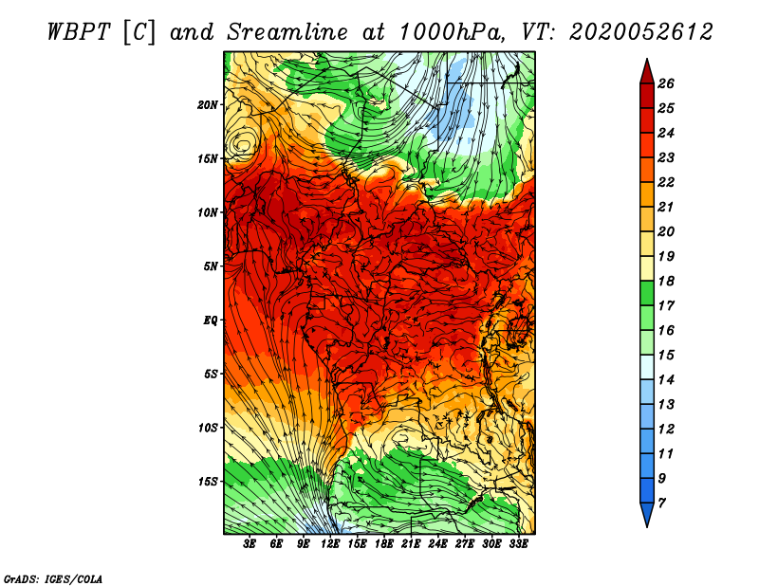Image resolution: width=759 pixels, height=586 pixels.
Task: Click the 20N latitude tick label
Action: pos(208,105)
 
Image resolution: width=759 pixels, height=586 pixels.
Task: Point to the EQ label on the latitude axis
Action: pos(211,320)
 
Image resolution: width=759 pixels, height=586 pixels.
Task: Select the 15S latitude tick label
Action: pos(208,482)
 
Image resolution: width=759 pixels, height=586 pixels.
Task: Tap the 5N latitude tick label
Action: pos(211,266)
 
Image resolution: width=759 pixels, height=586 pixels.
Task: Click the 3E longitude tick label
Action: pos(250,544)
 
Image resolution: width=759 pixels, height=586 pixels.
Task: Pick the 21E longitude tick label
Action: pos(411,544)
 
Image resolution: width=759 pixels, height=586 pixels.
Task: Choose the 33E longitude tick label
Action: pos(518,544)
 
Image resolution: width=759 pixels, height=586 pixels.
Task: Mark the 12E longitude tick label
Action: pos(330,544)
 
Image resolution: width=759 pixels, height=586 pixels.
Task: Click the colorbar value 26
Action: pos(666,83)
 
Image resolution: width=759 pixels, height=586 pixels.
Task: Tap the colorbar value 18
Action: pos(666,281)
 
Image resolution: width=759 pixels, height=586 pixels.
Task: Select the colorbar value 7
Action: pos(662,504)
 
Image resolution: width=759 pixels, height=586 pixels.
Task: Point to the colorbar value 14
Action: pos(666,380)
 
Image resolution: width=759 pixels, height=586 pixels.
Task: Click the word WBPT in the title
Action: pos(80,32)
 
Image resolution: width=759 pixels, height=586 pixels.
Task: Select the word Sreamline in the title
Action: pos(287,32)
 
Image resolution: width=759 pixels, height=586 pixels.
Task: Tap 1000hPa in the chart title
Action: pos(454,32)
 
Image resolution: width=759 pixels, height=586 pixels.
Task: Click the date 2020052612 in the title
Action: pos(641,32)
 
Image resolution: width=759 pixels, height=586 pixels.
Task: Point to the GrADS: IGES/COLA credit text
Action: pos(53,579)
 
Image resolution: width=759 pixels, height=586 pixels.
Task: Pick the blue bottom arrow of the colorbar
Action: pos(647,513)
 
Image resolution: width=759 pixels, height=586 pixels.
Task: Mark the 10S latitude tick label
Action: pos(208,429)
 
